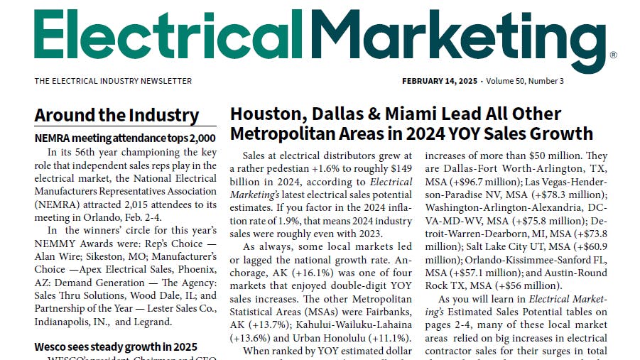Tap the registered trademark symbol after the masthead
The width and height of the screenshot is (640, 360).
click(x=613, y=55)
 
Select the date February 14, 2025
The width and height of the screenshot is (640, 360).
click(x=440, y=81)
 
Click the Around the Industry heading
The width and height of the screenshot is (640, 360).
click(x=116, y=116)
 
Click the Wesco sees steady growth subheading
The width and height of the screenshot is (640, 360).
click(x=116, y=347)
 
